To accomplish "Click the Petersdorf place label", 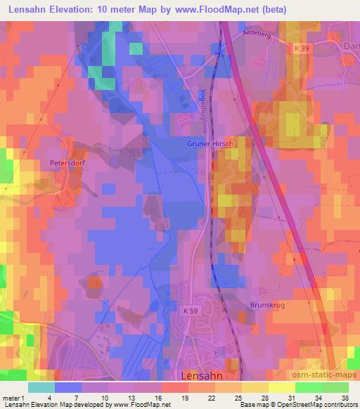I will pyautogui.click(x=67, y=162).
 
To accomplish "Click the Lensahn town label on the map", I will pyautogui.click(x=205, y=375).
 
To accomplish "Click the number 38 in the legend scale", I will pyautogui.click(x=345, y=398).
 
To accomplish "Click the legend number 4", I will pyautogui.click(x=46, y=398).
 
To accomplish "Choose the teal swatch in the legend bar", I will pyautogui.click(x=41, y=387).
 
